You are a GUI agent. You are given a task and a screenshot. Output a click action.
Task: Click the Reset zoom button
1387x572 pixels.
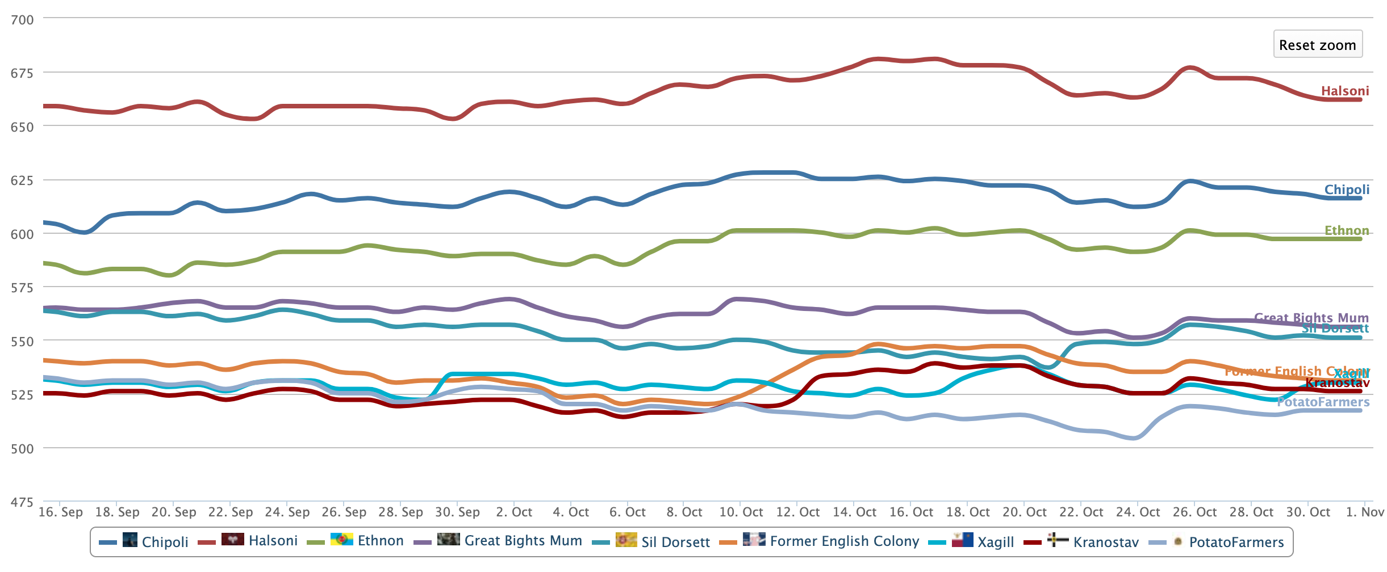pyautogui.click(x=1317, y=45)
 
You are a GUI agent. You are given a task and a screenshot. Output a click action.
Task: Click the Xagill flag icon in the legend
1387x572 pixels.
pyautogui.click(x=963, y=540)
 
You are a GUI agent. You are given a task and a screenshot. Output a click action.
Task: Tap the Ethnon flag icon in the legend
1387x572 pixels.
pyautogui.click(x=342, y=539)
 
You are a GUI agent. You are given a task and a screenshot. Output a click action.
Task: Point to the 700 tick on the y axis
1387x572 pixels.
pyautogui.click(x=23, y=20)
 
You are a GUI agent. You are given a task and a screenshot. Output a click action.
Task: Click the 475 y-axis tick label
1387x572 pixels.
pyautogui.click(x=23, y=502)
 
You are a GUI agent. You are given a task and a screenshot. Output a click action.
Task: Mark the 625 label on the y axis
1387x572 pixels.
pyautogui.click(x=23, y=180)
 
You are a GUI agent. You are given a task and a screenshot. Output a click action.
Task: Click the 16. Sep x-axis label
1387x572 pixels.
pyautogui.click(x=61, y=512)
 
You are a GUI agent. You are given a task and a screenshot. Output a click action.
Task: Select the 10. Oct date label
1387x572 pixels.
pyautogui.click(x=741, y=512)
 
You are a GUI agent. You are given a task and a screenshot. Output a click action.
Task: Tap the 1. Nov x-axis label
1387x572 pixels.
pyautogui.click(x=1365, y=512)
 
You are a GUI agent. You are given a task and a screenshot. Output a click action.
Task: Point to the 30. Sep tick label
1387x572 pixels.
pyautogui.click(x=458, y=512)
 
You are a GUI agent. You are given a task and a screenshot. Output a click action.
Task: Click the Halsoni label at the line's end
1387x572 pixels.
pyautogui.click(x=1344, y=91)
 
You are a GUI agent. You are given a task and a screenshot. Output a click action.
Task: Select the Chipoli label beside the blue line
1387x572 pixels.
pyautogui.click(x=1347, y=190)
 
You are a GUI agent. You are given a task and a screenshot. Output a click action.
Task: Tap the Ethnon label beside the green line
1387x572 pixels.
pyautogui.click(x=1347, y=230)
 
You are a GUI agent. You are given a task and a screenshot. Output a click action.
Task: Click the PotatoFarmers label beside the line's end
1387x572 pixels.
pyautogui.click(x=1323, y=402)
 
